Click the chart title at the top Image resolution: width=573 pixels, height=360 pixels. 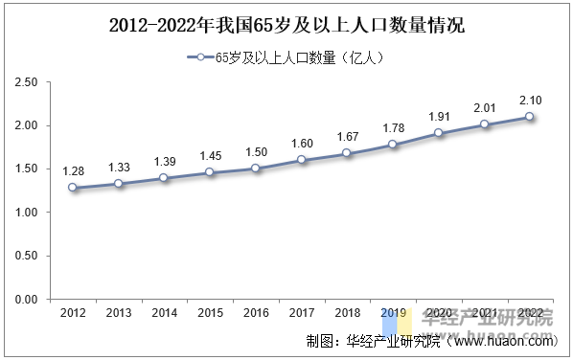[286, 24]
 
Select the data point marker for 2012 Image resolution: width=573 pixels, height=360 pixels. [73, 188]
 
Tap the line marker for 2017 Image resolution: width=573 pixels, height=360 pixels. [301, 160]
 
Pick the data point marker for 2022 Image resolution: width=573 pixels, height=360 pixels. [529, 117]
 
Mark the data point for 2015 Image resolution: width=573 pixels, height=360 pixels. [210, 172]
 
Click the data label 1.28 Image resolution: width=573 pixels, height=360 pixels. [73, 170]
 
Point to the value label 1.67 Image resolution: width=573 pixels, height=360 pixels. [347, 136]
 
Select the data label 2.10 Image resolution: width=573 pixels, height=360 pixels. [529, 100]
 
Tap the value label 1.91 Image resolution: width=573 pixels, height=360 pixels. [438, 116]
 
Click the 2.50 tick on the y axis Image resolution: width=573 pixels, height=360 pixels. [26, 82]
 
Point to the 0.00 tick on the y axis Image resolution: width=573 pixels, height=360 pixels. [26, 300]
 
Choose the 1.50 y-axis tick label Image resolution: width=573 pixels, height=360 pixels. [26, 169]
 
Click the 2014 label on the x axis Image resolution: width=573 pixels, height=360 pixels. [164, 314]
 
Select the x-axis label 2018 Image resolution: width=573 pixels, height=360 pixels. [347, 314]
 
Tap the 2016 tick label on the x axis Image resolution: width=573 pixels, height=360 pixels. [255, 314]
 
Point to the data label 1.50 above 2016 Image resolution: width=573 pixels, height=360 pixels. [255, 150]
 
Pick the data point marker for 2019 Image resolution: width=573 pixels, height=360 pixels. [392, 145]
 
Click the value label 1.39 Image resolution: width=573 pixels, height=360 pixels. [164, 161]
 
